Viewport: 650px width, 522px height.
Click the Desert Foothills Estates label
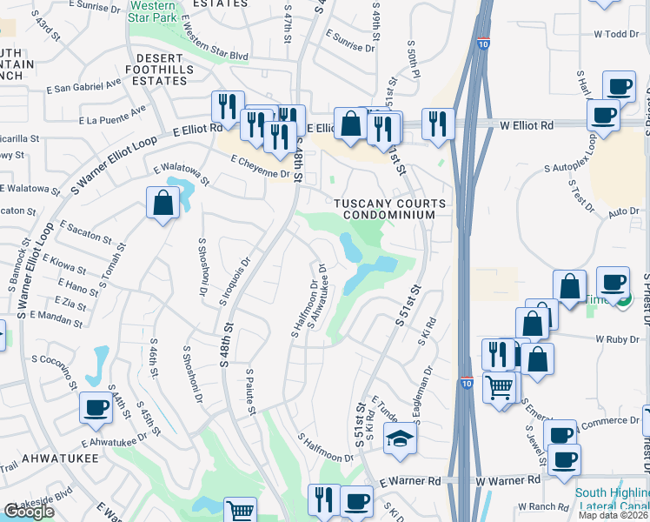[x=162, y=69]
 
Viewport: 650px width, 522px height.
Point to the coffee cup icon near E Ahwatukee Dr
[x=96, y=407]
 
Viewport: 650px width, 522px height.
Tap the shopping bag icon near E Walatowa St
[x=162, y=204]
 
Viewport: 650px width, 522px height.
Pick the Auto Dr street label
[x=623, y=211]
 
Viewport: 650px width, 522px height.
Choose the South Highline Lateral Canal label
[x=611, y=499]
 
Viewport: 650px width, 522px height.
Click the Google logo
[x=29, y=512]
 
